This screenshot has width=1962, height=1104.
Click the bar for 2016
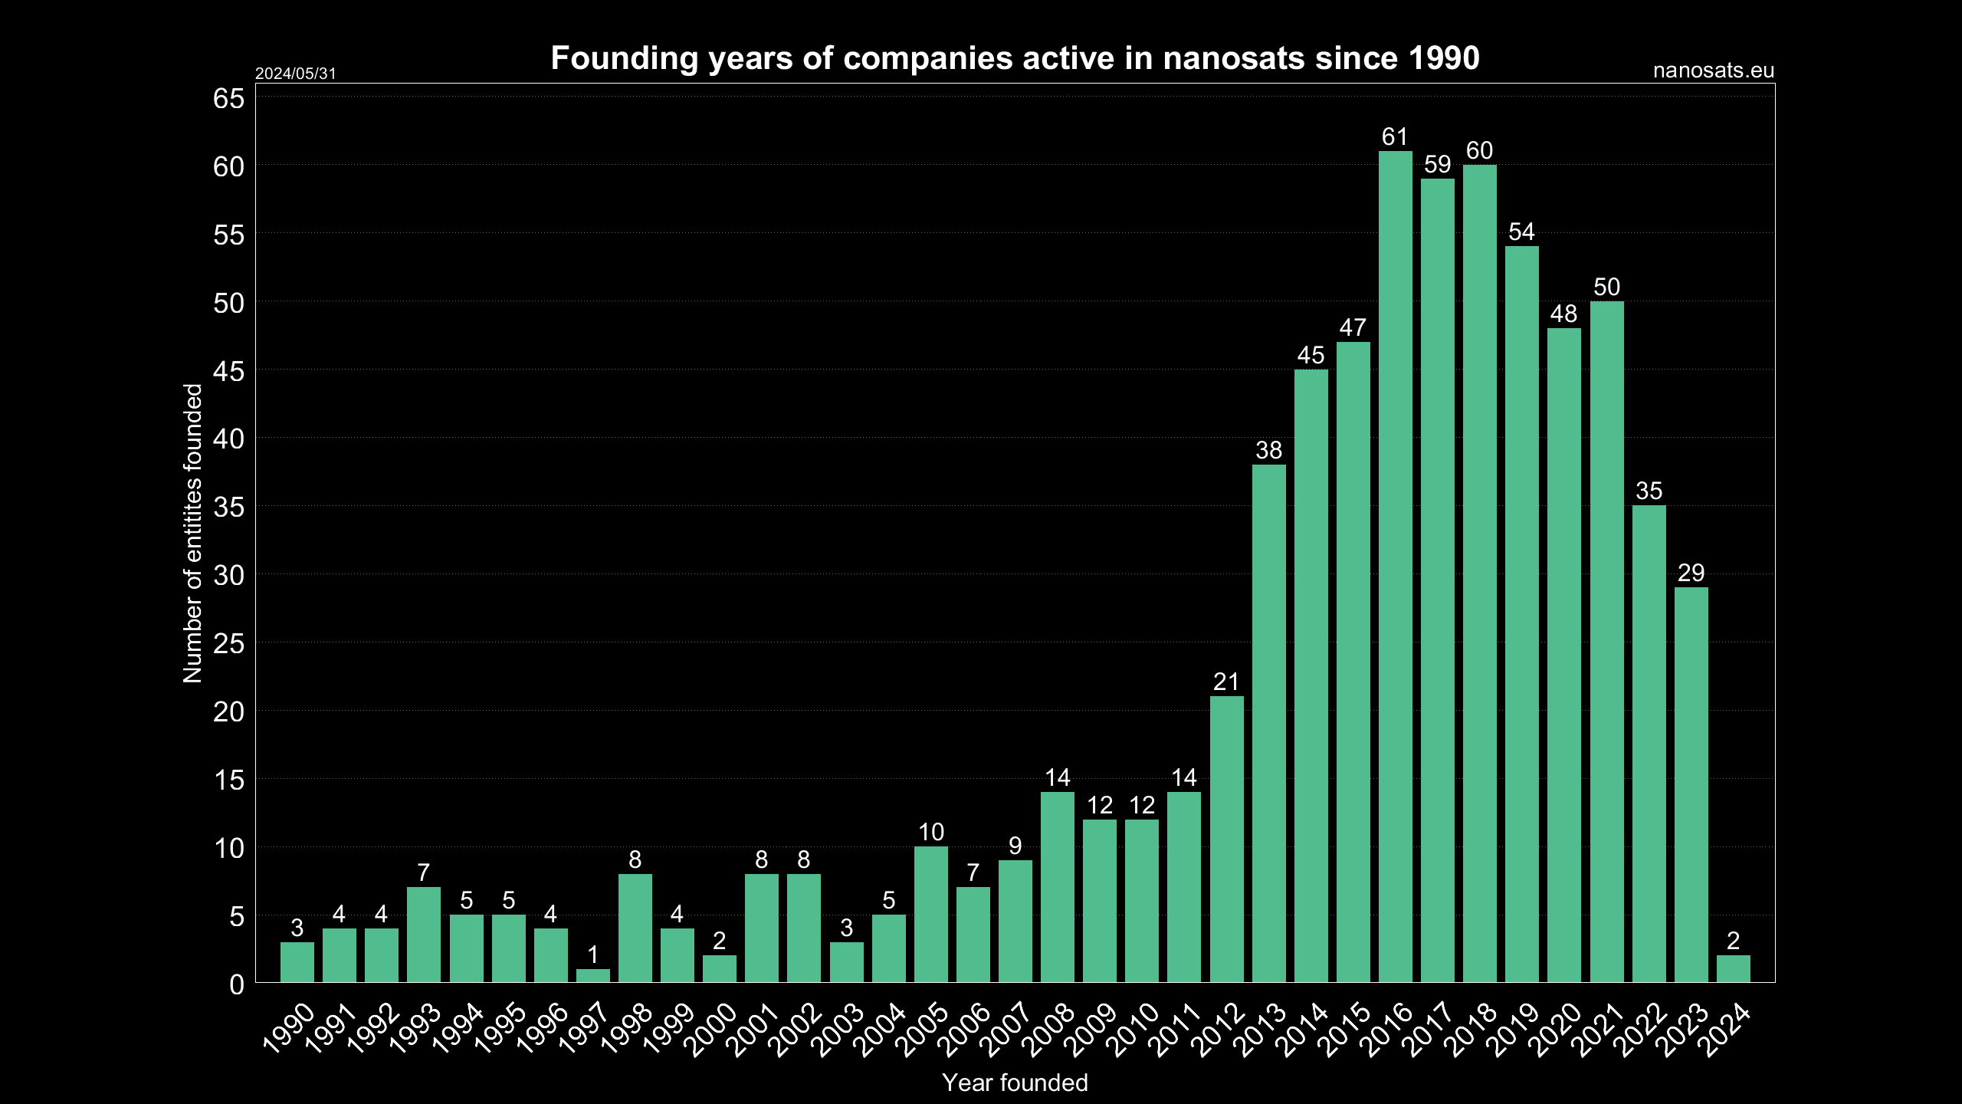pyautogui.click(x=1395, y=567)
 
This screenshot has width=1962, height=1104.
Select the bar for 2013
pyautogui.click(x=1268, y=724)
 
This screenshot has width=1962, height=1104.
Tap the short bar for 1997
pyautogui.click(x=592, y=975)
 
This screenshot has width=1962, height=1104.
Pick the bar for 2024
pyautogui.click(x=1733, y=968)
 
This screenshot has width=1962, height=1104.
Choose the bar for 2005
pyautogui.click(x=930, y=914)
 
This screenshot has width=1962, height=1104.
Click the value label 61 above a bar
pyautogui.click(x=1395, y=137)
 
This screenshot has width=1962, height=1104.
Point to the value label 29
pyautogui.click(x=1691, y=573)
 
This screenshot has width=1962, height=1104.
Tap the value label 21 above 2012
pyautogui.click(x=1226, y=682)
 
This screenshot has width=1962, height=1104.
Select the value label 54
pyautogui.click(x=1521, y=232)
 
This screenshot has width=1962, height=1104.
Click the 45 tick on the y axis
pyautogui.click(x=228, y=372)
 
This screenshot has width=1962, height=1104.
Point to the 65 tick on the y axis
pyautogui.click(x=228, y=99)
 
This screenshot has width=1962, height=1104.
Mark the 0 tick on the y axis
pyautogui.click(x=236, y=985)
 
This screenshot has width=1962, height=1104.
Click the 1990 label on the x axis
pyautogui.click(x=290, y=1027)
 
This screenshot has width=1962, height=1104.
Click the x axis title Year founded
pyautogui.click(x=1015, y=1083)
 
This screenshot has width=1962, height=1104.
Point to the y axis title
pyautogui.click(x=192, y=533)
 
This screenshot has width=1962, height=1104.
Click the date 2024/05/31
pyautogui.click(x=295, y=74)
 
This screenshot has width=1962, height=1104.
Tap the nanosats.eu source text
pyautogui.click(x=1713, y=71)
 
